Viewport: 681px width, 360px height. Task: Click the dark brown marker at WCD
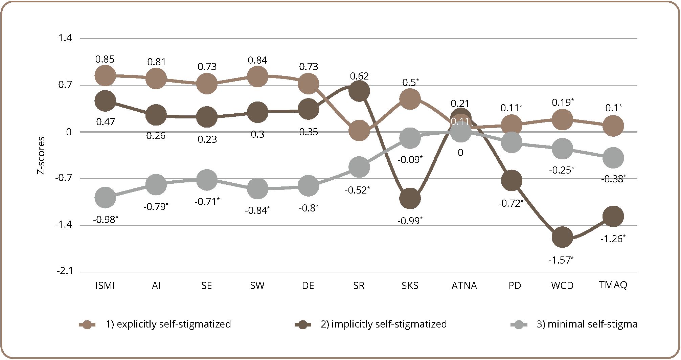[562, 237]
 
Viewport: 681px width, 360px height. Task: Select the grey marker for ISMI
[105, 197]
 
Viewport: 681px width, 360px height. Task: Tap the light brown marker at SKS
[410, 99]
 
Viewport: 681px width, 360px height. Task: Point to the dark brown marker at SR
[359, 91]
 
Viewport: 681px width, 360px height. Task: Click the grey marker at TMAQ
[613, 157]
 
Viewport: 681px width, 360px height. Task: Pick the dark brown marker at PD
[512, 180]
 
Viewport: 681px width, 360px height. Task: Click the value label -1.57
[561, 260]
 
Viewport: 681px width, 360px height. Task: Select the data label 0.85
[105, 60]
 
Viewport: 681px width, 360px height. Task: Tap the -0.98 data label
[105, 220]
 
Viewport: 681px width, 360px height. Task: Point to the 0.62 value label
[359, 76]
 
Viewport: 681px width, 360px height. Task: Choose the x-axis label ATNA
[464, 286]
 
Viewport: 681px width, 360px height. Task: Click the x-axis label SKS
[410, 286]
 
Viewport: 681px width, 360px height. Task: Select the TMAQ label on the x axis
[613, 285]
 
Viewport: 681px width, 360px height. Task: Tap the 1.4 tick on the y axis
[65, 38]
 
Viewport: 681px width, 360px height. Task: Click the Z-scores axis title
[41, 155]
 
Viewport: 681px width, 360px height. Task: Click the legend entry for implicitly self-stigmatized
[384, 324]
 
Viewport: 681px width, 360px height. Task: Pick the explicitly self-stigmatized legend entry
[168, 324]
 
